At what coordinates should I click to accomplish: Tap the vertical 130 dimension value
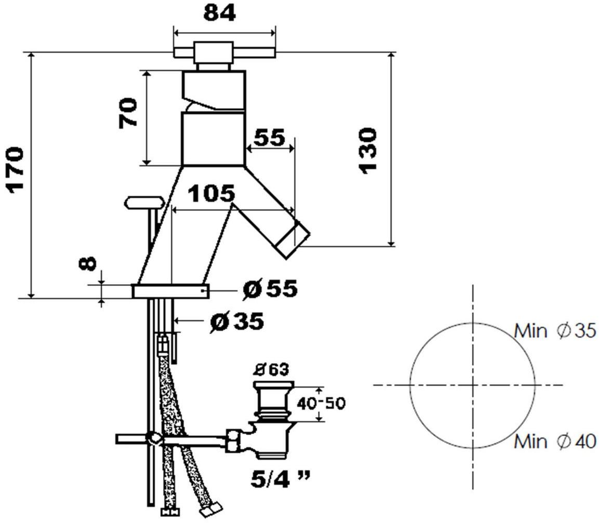[368, 151]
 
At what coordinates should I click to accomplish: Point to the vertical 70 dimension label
[128, 113]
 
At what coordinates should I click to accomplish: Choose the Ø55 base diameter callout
[270, 288]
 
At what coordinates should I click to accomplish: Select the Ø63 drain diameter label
[272, 370]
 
